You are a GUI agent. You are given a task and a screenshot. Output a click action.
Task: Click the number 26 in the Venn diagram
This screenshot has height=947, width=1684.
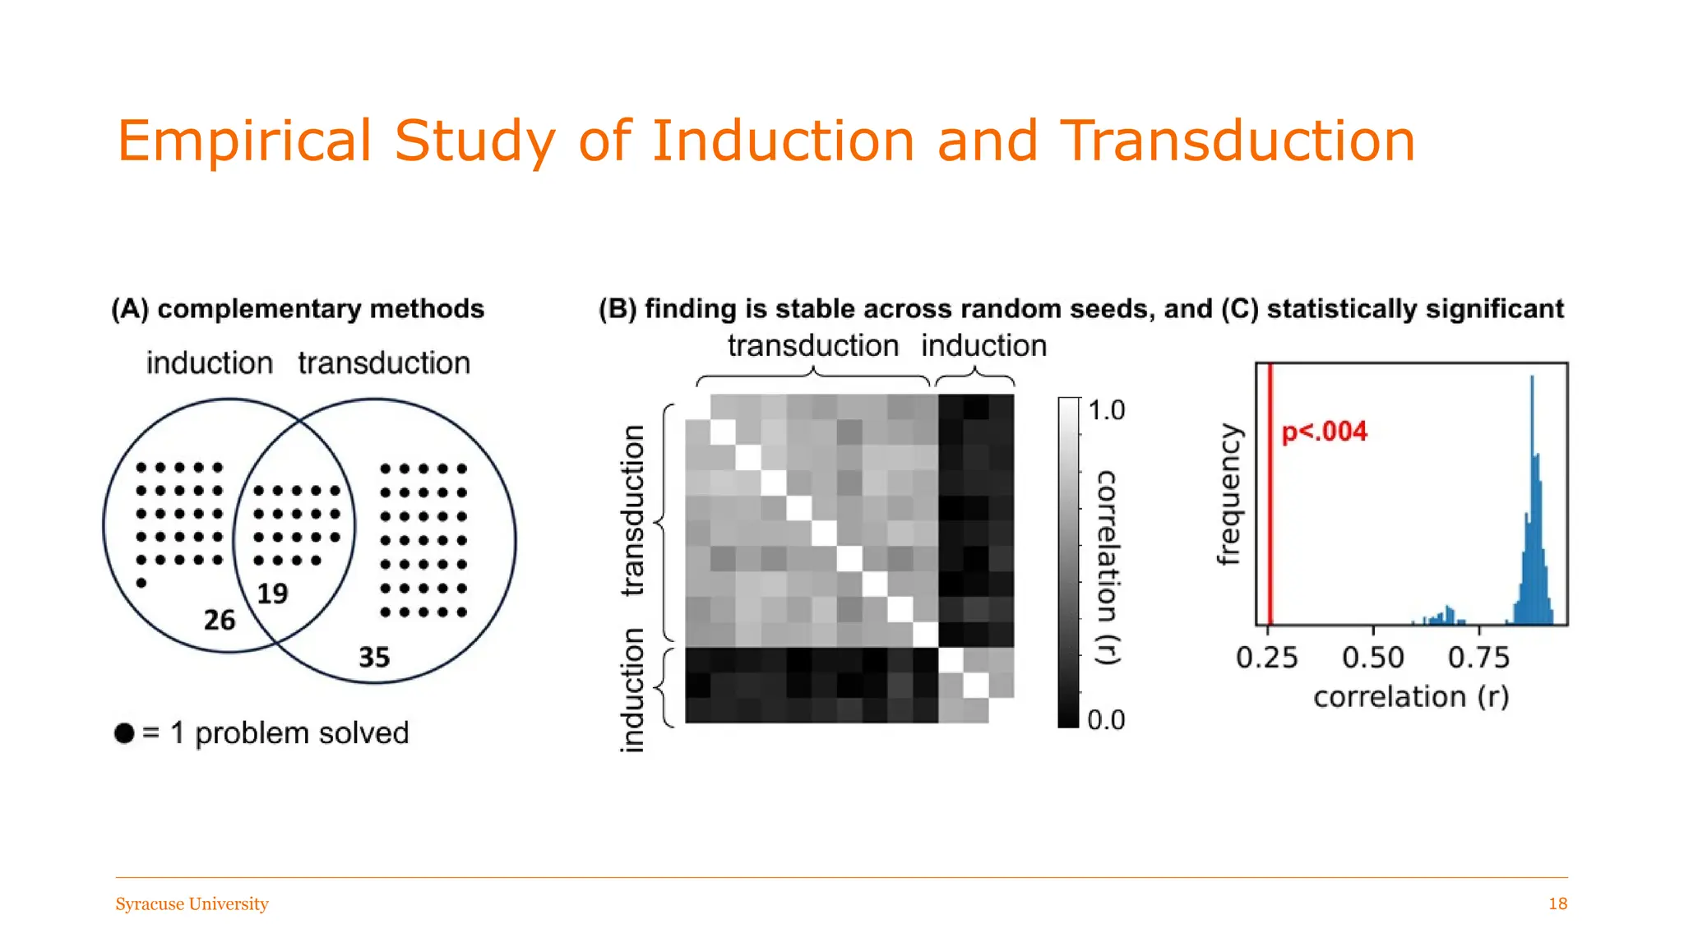(220, 620)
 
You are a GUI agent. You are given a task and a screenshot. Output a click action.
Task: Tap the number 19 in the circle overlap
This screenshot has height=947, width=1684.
(272, 594)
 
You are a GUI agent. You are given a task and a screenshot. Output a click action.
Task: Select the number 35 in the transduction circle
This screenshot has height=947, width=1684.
(374, 657)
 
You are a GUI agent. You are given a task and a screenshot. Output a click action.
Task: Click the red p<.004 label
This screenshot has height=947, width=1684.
(1324, 432)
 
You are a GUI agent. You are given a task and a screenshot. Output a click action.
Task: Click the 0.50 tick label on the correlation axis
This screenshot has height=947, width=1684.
(1372, 658)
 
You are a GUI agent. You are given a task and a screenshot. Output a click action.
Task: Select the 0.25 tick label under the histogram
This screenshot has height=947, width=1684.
(1266, 658)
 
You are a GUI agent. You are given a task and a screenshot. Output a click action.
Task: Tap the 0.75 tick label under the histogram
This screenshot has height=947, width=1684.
(1478, 658)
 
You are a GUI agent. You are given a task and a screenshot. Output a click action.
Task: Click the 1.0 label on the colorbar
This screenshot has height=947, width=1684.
(1106, 410)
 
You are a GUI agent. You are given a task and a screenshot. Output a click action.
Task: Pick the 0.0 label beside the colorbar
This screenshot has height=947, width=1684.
(1106, 720)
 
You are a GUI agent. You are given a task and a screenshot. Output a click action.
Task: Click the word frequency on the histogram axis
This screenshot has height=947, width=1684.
(1228, 495)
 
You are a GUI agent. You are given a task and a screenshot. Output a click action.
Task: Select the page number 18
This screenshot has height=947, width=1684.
(1557, 904)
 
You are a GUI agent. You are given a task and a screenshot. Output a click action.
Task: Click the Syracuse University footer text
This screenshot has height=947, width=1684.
(192, 904)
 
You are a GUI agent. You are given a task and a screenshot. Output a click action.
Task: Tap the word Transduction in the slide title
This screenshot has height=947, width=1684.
(1237, 141)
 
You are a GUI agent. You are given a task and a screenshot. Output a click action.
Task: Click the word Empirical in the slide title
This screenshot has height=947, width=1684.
(244, 141)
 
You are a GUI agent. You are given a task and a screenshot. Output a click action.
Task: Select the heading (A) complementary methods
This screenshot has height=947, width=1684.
(298, 309)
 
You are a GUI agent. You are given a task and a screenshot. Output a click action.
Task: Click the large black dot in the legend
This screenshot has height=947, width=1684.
(124, 733)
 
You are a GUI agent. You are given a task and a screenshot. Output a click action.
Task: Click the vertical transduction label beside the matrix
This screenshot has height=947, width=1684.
(632, 510)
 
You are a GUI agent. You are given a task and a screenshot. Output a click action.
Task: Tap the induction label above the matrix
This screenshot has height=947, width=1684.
(983, 346)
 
